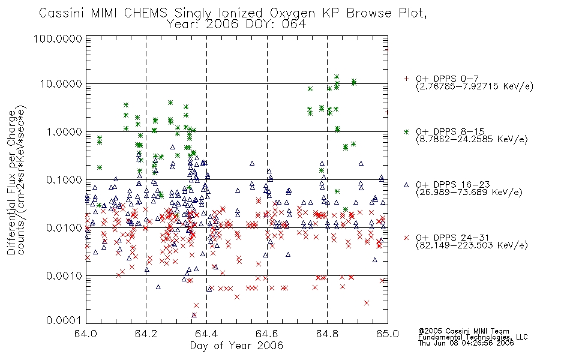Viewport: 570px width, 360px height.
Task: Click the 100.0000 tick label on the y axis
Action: pos(58,38)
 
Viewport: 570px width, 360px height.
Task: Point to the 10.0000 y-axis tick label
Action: pos(61,84)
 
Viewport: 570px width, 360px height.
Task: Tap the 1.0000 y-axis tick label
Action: pos(64,131)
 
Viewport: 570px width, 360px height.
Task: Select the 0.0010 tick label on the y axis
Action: pos(64,276)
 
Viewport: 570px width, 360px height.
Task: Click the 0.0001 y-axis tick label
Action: pos(64,320)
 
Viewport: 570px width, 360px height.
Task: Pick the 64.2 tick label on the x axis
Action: pos(146,334)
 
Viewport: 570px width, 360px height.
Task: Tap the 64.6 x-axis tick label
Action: pos(267,334)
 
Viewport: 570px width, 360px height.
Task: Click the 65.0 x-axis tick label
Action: pos(388,334)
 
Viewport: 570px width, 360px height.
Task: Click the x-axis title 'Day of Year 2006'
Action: pos(236,346)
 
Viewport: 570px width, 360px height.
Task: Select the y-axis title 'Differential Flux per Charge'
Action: pos(11,182)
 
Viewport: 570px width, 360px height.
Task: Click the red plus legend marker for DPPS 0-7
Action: pos(406,79)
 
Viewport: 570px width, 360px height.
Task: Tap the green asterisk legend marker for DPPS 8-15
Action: pos(406,131)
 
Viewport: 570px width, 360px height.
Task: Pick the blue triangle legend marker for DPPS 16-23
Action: pos(406,185)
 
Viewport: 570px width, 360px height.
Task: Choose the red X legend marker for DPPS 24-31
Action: pos(406,238)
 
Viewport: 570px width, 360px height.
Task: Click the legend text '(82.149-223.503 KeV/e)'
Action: pos(472,245)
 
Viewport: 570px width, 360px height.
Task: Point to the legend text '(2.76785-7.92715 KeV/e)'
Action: pos(475,86)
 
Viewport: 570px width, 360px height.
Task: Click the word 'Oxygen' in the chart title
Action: pos(292,13)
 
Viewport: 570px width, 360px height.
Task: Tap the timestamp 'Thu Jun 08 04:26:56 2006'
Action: pos(466,343)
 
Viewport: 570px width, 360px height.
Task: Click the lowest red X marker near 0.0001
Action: pos(194,315)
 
